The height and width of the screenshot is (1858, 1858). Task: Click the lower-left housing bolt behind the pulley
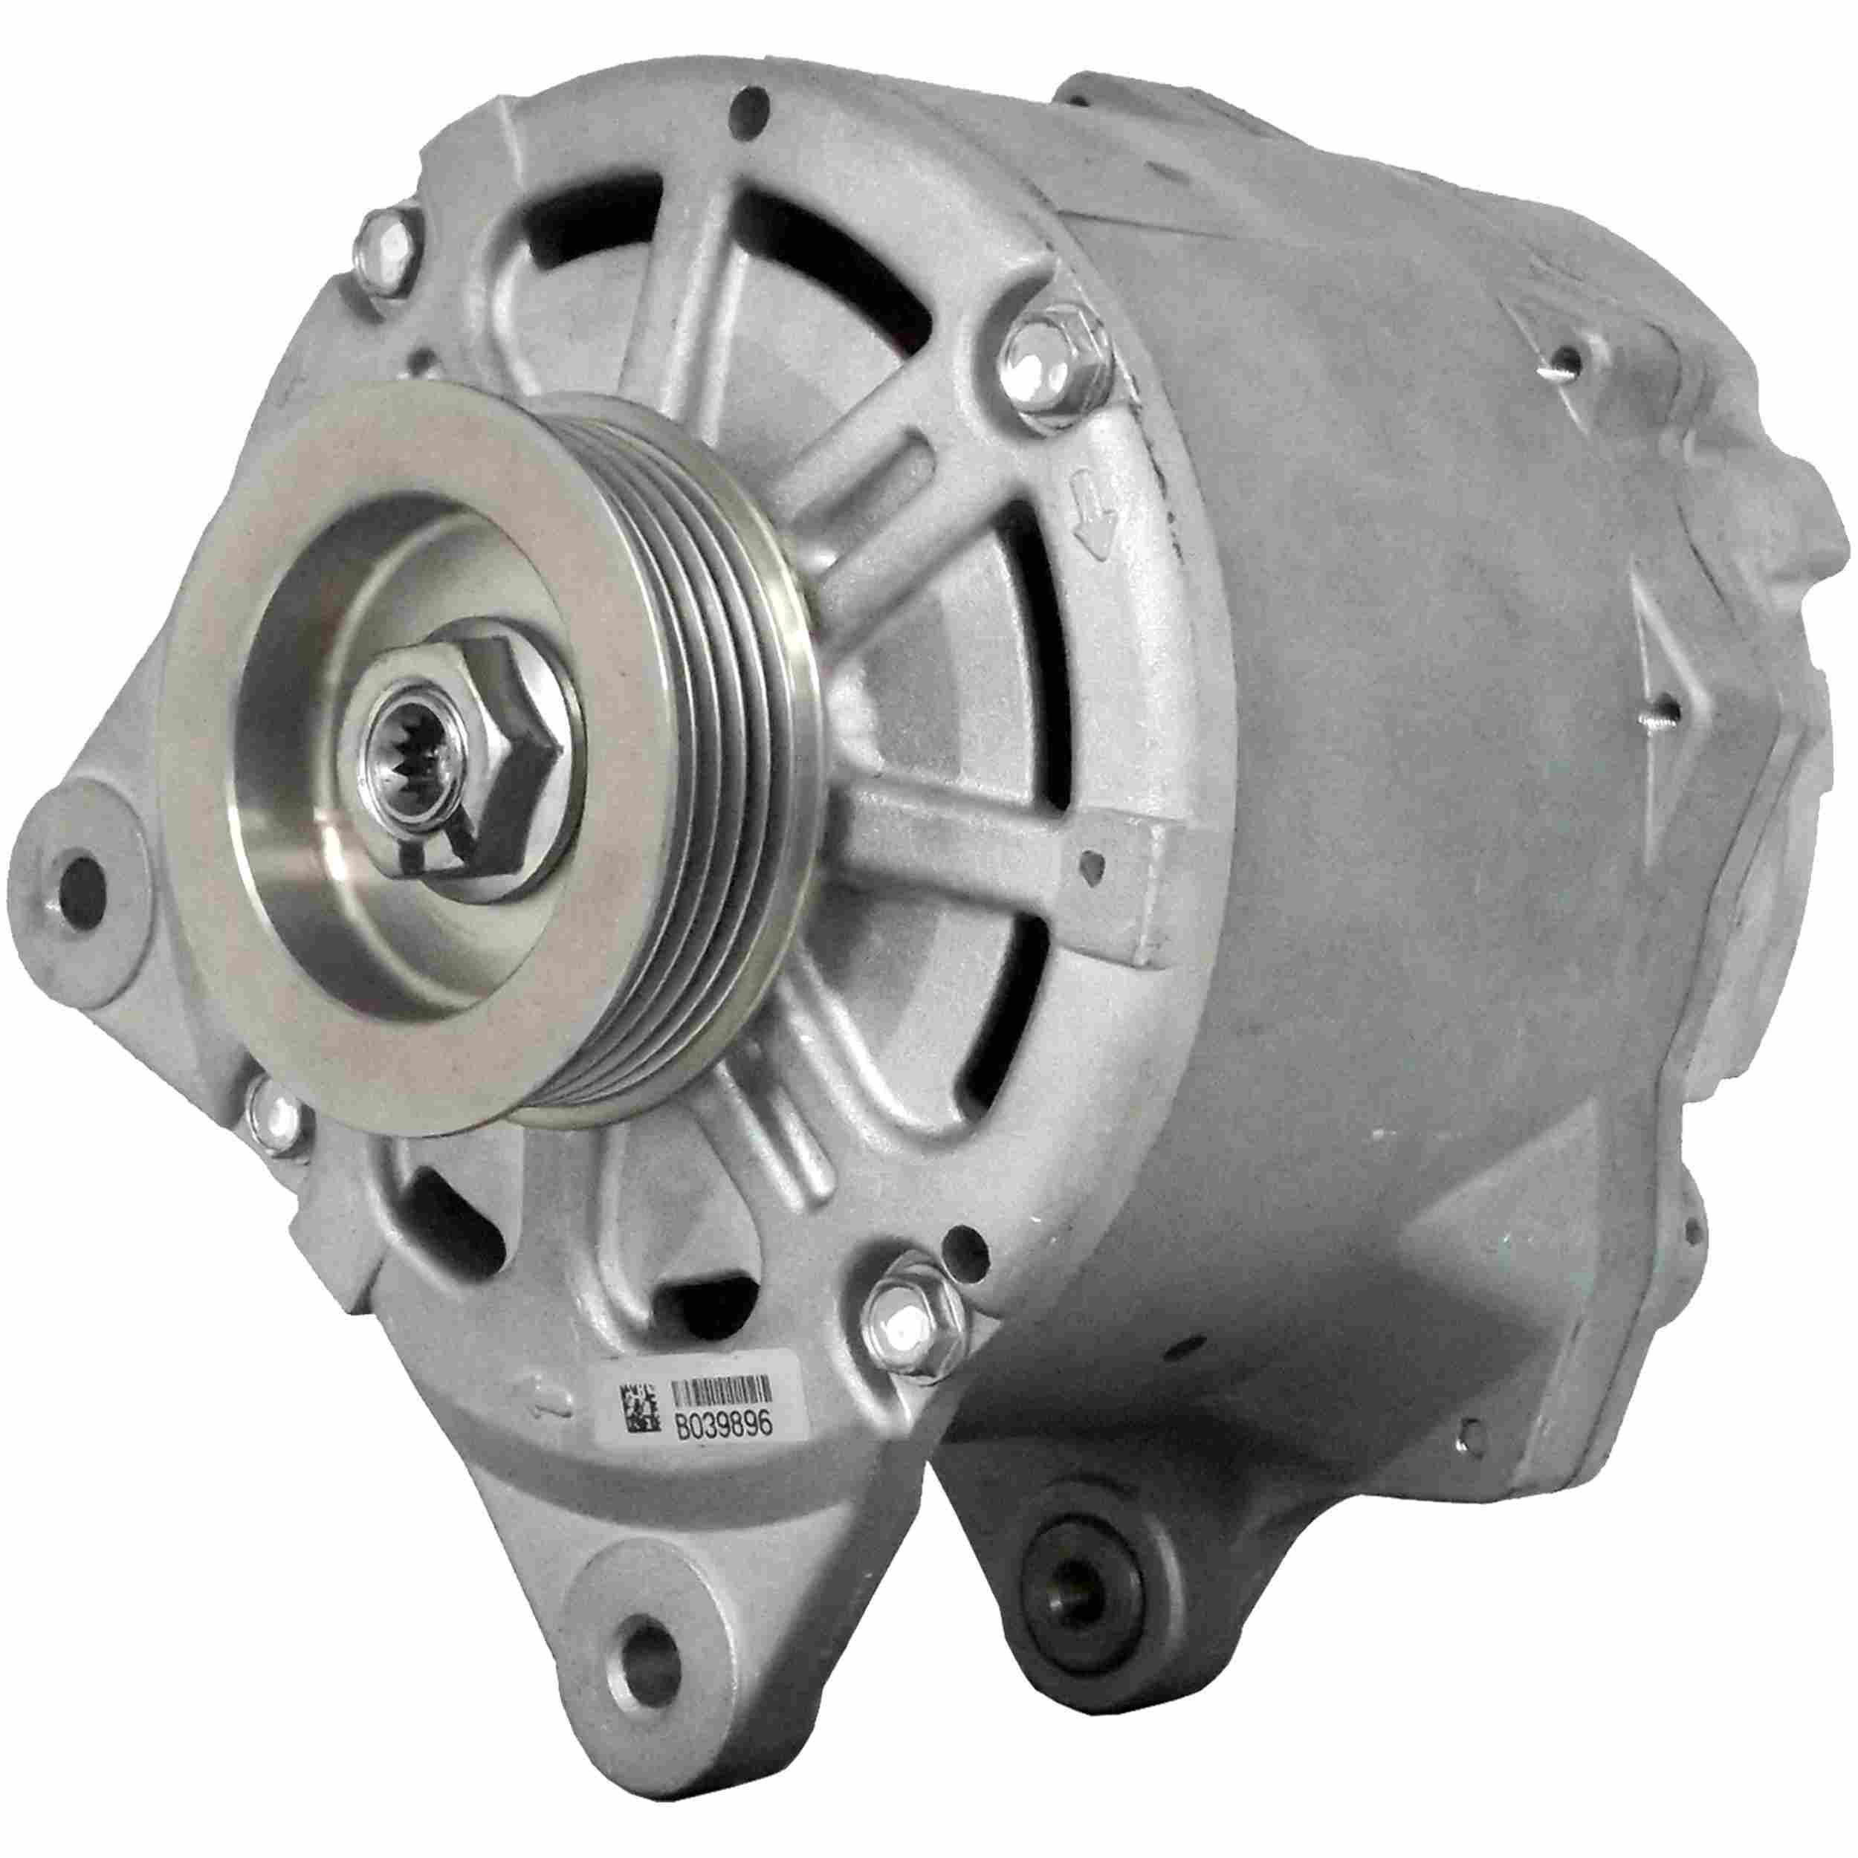click(275, 1121)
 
